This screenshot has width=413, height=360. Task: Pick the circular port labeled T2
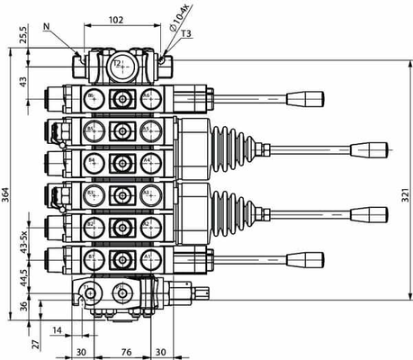[117, 64]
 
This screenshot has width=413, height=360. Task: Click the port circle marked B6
[92, 97]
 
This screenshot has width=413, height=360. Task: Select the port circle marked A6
[147, 97]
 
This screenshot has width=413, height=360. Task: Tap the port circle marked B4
[92, 162]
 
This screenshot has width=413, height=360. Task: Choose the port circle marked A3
[147, 193]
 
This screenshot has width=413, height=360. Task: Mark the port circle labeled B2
[92, 225]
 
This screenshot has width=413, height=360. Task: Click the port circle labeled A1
[147, 258]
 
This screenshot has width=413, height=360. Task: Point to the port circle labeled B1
[92, 258]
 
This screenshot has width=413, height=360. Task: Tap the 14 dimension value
[57, 332]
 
